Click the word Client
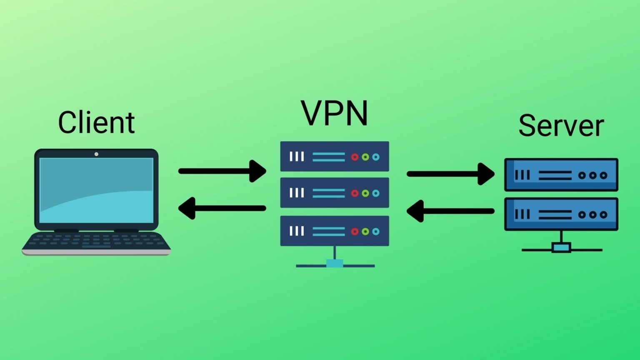coord(96,122)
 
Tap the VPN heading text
coord(335,113)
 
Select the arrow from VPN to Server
coord(450,174)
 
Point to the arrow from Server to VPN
coord(450,211)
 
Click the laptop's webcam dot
coord(96,154)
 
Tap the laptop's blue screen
coord(96,190)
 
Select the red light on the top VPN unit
coord(355,157)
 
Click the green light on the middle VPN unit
coord(365,193)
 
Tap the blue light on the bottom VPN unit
coord(376,232)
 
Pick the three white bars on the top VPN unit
coord(297,157)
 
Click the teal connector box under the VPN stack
coord(335,263)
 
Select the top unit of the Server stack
coord(561,175)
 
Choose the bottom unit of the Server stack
coord(561,214)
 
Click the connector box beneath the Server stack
coord(561,248)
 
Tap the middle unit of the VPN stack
coord(335,193)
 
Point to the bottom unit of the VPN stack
coord(335,231)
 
